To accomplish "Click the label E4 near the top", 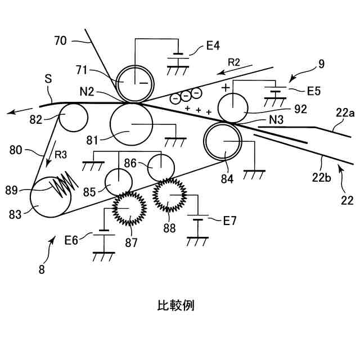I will (213, 46).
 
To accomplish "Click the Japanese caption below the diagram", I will (175, 305).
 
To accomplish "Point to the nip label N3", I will (276, 119).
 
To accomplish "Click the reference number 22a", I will (346, 113).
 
